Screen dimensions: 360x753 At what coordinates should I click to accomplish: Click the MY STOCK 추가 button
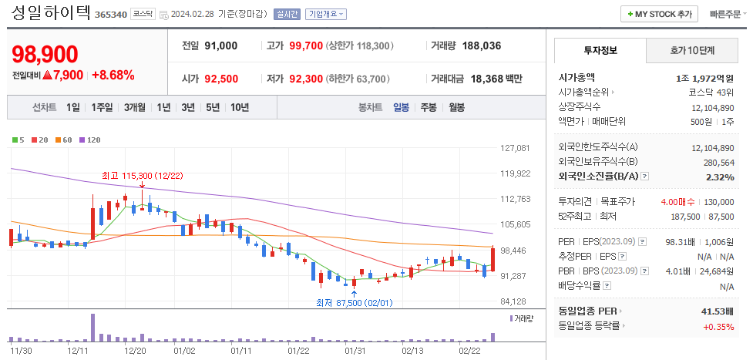pos(660,14)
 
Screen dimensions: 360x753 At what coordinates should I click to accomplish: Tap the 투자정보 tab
pos(600,51)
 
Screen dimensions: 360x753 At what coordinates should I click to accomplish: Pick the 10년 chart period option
pos(239,107)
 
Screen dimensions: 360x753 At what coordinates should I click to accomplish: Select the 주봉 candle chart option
pos(428,107)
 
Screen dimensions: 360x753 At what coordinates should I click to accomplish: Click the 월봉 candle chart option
pos(456,107)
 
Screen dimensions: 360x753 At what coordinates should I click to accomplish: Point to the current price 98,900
pos(45,54)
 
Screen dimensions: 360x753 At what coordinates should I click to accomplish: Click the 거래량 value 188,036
pos(482,45)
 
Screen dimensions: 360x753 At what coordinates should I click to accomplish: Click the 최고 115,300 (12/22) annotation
pos(142,176)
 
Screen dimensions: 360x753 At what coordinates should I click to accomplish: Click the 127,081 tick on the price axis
pos(515,148)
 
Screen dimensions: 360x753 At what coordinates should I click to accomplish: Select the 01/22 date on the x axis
pos(298,350)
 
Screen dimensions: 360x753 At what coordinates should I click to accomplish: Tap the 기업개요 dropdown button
pos(326,14)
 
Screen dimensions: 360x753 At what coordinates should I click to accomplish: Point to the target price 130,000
pos(718,201)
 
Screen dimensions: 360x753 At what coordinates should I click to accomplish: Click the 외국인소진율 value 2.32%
pos(720,177)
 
